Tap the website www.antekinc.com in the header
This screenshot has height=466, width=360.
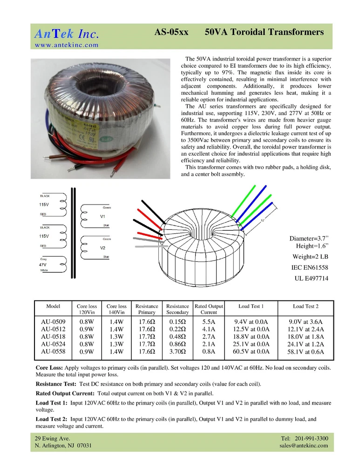point(67,45)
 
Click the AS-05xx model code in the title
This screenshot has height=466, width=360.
point(171,33)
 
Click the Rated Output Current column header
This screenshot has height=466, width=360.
point(209,309)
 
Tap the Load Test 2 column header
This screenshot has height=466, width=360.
point(306,306)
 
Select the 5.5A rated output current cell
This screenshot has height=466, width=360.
point(209,322)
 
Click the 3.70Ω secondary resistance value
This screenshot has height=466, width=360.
point(177,352)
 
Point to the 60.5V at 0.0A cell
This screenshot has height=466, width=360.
point(251,352)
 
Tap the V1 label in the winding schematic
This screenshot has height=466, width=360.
point(103,217)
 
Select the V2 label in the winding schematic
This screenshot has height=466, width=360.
point(103,248)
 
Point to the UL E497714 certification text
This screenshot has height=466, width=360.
point(312,279)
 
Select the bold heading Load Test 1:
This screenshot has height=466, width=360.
point(52,402)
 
